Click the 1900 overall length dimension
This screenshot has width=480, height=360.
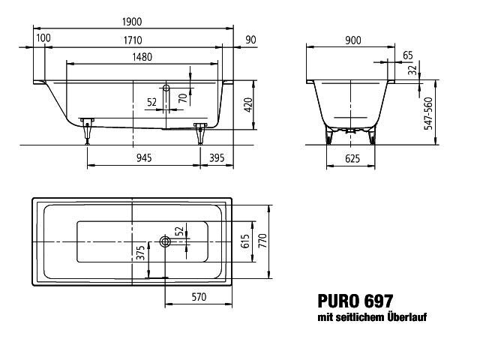pos(132,22)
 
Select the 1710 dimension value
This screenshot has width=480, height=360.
pos(133,40)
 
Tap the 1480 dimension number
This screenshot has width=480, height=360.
pos(142,57)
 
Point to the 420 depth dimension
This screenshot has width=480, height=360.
pos(248,105)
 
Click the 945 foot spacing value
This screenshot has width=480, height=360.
pos(144,158)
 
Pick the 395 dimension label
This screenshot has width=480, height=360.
pos(217,158)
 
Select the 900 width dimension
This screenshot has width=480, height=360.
pos(353,40)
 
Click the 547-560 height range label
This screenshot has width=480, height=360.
pos(428,113)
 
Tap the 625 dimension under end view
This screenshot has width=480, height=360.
pos(352,158)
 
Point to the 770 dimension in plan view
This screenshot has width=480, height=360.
pos(262,241)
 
